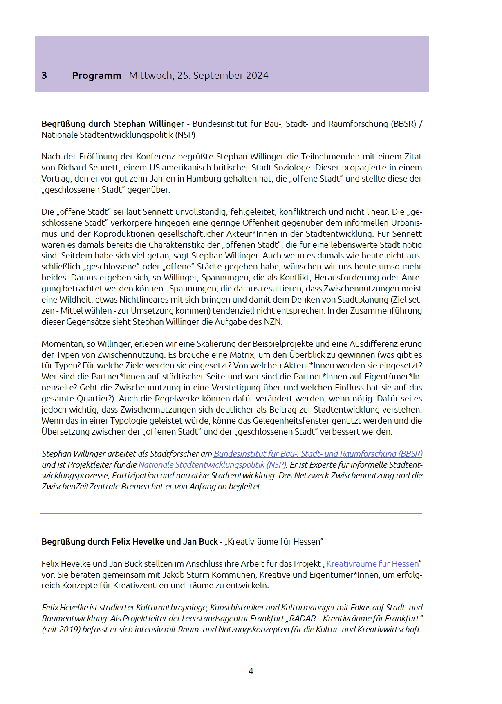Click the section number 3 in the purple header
click(44, 76)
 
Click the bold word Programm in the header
click(96, 76)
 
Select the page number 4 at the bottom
click(251, 671)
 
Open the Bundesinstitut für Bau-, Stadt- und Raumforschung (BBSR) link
click(318, 453)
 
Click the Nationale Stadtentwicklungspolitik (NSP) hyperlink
click(212, 464)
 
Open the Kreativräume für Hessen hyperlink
click(372, 563)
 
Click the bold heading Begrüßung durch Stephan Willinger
click(113, 124)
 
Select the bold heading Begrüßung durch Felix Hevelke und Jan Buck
click(130, 542)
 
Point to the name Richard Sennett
click(87, 168)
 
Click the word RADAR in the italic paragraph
click(303, 619)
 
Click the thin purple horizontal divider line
click(231, 513)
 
